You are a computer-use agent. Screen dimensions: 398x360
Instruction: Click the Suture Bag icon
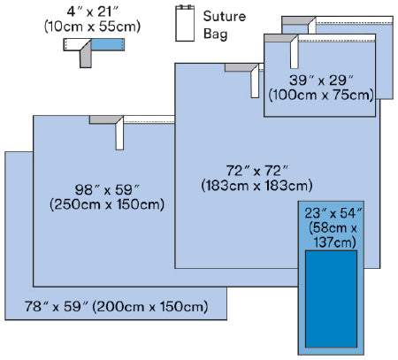tap(185, 23)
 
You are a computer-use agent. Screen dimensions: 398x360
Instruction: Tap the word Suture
tap(225, 16)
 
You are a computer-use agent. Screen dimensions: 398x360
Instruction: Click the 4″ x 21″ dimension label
tap(93, 11)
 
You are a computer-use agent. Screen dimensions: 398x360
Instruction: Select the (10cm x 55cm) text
tap(92, 27)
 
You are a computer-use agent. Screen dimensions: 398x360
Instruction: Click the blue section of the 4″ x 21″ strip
tap(108, 44)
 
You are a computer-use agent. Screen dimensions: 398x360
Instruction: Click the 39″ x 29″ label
tap(321, 80)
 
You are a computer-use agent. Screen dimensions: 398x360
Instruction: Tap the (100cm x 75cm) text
tap(321, 95)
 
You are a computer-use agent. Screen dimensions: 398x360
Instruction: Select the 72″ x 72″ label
tap(256, 171)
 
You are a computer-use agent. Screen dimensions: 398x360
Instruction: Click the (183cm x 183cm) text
tap(256, 186)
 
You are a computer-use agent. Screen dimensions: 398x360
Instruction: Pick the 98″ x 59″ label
tap(107, 189)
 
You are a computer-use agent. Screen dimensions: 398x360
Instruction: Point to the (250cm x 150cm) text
tap(107, 204)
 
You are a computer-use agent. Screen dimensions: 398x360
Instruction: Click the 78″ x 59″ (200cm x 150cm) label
tap(116, 306)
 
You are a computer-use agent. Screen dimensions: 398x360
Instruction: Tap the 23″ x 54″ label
tap(333, 213)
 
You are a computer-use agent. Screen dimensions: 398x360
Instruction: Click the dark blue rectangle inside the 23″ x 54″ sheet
tap(331, 299)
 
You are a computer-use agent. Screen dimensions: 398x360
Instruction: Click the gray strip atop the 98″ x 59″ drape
tap(105, 119)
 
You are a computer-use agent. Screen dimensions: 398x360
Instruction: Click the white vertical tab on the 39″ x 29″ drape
tap(295, 52)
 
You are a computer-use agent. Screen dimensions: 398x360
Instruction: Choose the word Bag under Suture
tap(216, 34)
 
